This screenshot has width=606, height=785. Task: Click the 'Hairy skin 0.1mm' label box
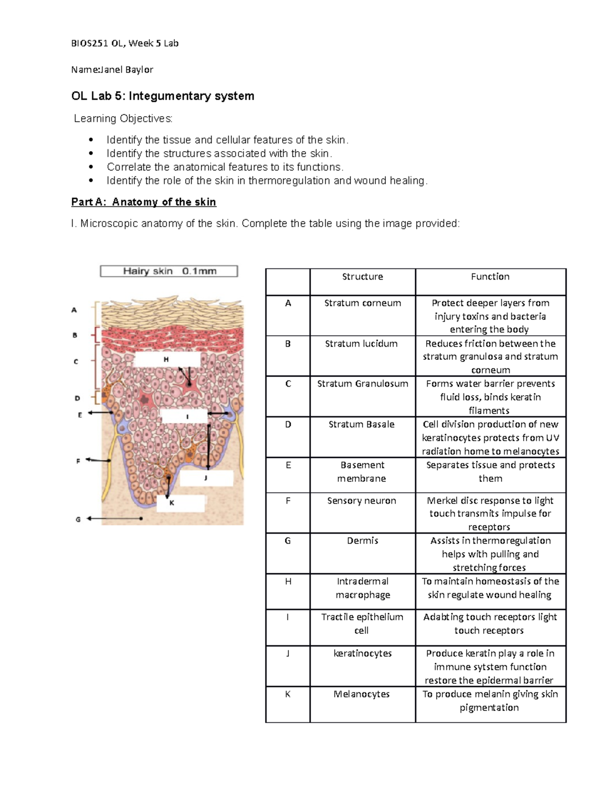(x=169, y=271)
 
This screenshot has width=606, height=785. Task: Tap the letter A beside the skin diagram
(x=74, y=310)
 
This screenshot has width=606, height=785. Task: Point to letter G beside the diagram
(x=78, y=519)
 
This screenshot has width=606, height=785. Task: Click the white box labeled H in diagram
(x=167, y=359)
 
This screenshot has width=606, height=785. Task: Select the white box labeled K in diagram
(x=180, y=503)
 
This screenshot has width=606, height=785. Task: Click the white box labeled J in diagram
(x=206, y=478)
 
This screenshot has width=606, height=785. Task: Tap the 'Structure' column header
(x=362, y=276)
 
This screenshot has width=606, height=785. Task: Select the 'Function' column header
(x=490, y=276)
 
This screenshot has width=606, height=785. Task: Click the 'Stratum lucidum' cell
(x=361, y=344)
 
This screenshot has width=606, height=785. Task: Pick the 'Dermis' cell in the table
(x=362, y=541)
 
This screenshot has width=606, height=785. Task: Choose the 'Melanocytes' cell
(x=362, y=694)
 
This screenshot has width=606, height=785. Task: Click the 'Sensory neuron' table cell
(x=362, y=500)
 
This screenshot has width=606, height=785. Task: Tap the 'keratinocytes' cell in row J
(x=362, y=653)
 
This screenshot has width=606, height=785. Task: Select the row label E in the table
(x=288, y=465)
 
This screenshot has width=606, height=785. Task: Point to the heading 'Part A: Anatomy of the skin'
(x=143, y=202)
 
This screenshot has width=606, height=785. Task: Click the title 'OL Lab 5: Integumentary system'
(x=163, y=96)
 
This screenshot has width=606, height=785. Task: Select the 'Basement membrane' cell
(x=362, y=472)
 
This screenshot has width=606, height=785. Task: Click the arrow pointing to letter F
(x=98, y=460)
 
